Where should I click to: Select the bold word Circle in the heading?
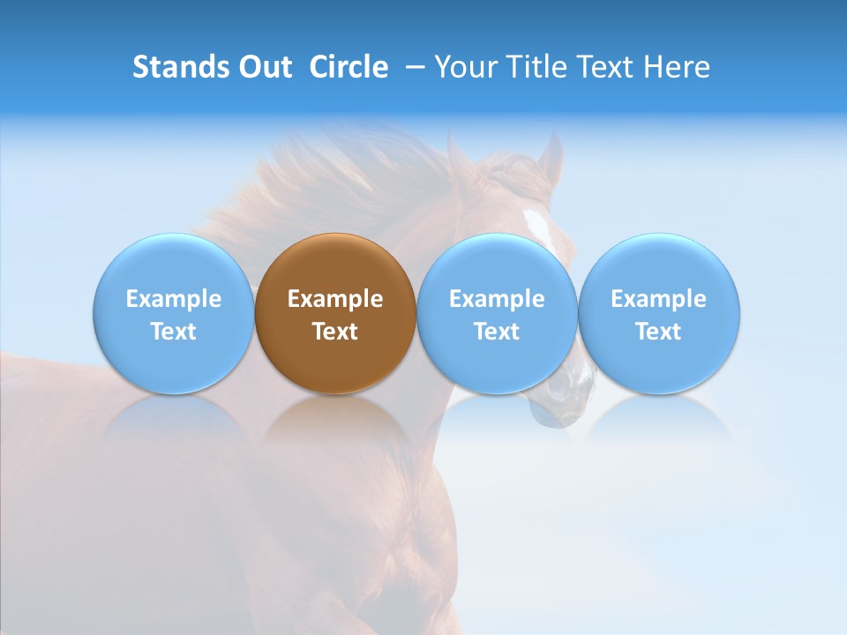click(349, 67)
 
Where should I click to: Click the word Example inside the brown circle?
click(335, 299)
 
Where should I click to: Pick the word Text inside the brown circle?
click(335, 332)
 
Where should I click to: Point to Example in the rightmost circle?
click(659, 299)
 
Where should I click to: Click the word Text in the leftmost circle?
click(173, 332)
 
